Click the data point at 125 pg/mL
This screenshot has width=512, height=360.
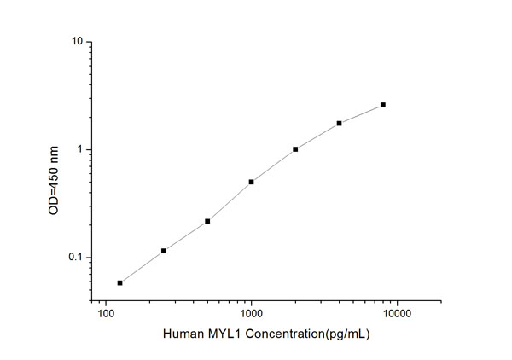tap(119, 282)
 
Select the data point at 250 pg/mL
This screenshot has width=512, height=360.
tap(164, 251)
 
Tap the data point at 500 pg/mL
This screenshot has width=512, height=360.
tap(207, 221)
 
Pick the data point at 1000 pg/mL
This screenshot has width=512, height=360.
tap(251, 182)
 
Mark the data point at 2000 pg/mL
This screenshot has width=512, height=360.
tap(295, 149)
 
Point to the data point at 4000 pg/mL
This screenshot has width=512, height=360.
tap(339, 123)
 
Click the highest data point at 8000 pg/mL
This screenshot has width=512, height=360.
tap(383, 105)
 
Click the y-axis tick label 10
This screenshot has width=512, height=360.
tap(77, 42)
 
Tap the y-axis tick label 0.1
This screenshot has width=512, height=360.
tap(75, 258)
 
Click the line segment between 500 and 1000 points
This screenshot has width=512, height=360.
tap(230, 201)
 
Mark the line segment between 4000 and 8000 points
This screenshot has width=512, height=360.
tap(361, 113)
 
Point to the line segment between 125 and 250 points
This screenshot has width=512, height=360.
tap(142, 267)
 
